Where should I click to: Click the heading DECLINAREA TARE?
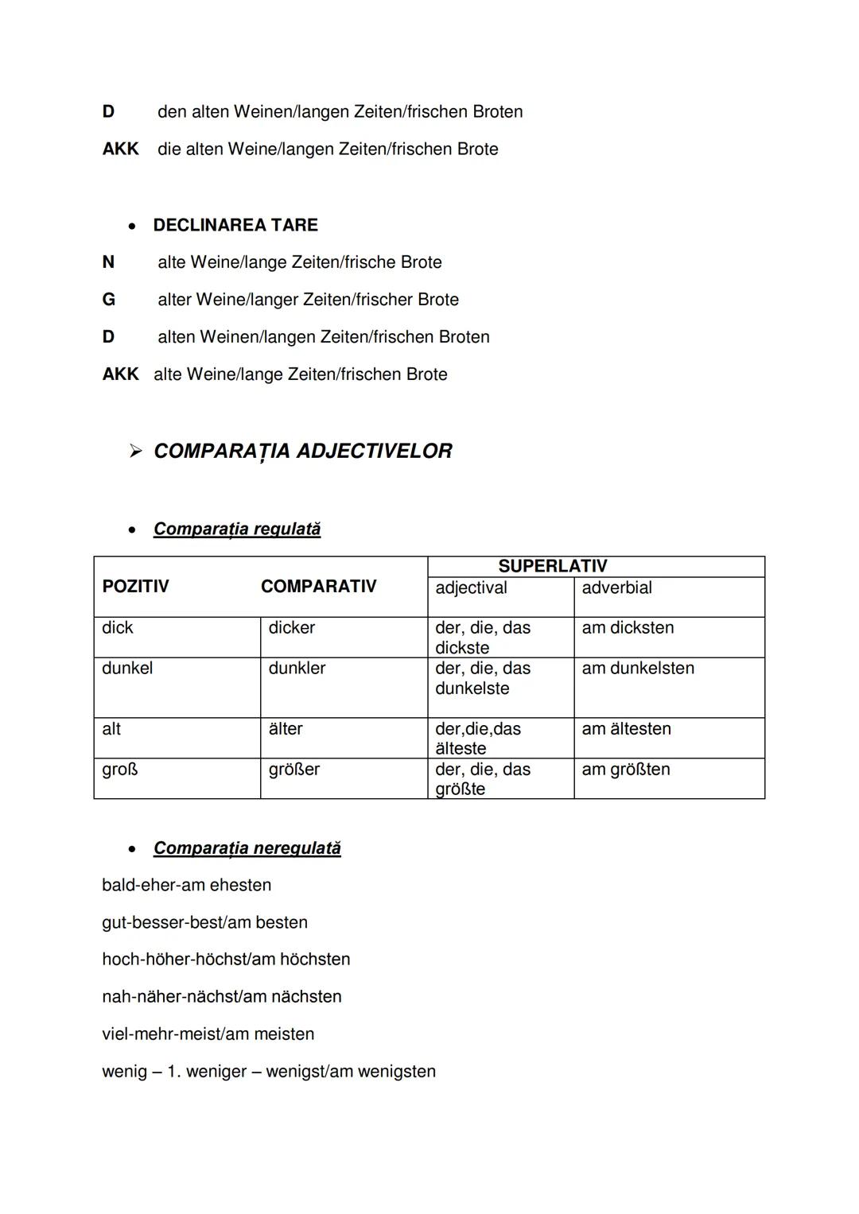tap(235, 225)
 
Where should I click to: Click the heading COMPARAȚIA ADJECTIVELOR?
tap(302, 451)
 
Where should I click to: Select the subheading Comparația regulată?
tap(237, 529)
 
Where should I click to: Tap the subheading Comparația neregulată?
tap(247, 848)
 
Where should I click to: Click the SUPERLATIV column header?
tap(552, 566)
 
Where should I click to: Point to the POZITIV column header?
tap(135, 587)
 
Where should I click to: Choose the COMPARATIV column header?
tap(318, 587)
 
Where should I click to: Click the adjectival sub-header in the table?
tap(471, 588)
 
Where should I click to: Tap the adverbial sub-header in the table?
tap(616, 588)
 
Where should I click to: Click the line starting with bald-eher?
tap(186, 885)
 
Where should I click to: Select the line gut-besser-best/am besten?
tap(204, 922)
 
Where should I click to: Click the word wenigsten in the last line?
tap(397, 1071)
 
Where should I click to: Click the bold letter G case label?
tap(109, 300)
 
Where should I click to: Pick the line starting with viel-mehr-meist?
tap(208, 1034)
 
